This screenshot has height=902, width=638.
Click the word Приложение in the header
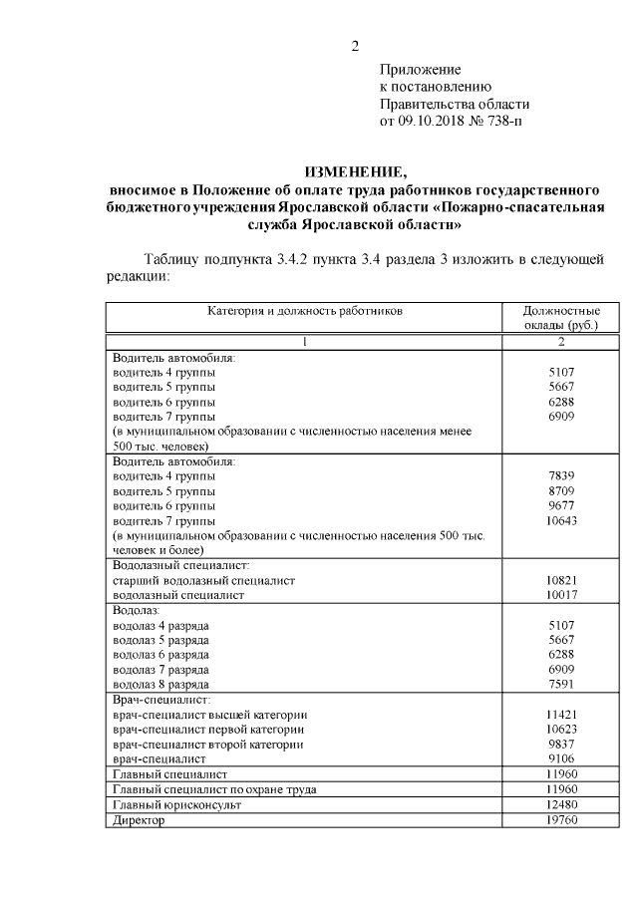[420, 70]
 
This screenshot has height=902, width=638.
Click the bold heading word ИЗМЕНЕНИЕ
[356, 172]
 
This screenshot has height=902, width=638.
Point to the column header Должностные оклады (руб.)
[560, 318]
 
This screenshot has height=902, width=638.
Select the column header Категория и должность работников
[305, 311]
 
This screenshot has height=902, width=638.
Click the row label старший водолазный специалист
[204, 579]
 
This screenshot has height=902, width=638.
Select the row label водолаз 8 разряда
[160, 685]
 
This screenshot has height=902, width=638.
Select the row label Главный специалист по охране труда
[215, 789]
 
